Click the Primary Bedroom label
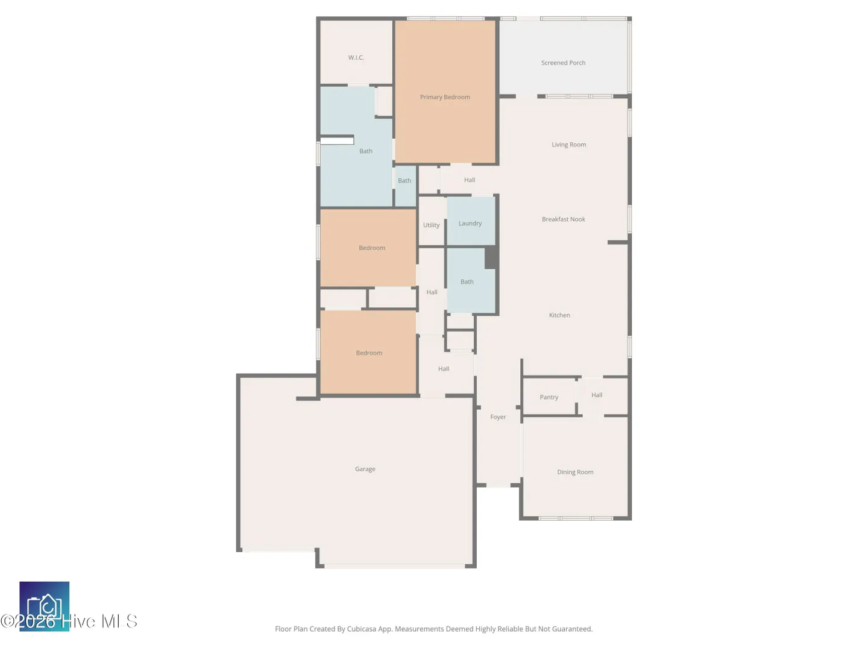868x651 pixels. coord(445,97)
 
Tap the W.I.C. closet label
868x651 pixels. coord(356,58)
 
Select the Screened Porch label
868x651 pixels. coord(563,63)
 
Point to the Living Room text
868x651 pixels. coord(568,145)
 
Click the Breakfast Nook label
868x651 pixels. coord(563,219)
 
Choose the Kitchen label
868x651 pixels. coord(559,315)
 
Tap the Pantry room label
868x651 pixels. coord(549,397)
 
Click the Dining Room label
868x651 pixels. coord(575,472)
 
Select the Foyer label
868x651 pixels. coord(498,417)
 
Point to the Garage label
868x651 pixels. coord(365,469)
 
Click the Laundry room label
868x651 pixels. coord(470,224)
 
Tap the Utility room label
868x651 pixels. coord(431,225)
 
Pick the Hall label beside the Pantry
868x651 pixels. coord(597,395)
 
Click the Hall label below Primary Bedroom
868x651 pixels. coord(470,180)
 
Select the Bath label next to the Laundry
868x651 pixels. coord(467,282)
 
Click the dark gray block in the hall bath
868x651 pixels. coord(491,257)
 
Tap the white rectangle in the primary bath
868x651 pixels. coord(337,140)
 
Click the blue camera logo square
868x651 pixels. coord(44,606)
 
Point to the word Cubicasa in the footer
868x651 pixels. coord(362,629)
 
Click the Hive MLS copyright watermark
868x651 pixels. coord(69,621)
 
